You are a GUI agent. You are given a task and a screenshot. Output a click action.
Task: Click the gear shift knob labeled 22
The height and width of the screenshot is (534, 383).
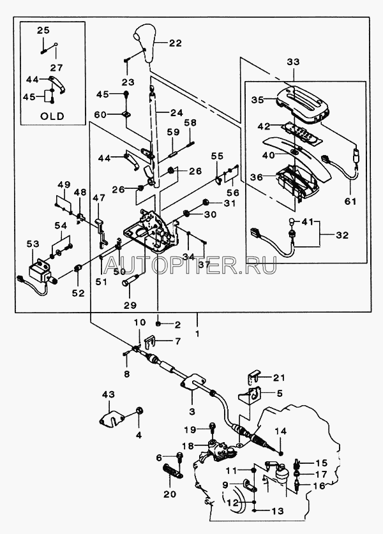pos(146,43)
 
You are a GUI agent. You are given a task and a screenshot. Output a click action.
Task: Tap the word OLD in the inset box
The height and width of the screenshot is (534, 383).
pos(52,116)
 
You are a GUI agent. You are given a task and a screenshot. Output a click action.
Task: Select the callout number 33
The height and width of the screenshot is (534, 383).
pos(293,62)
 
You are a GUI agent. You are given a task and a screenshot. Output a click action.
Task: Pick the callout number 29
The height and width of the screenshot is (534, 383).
pos(129,305)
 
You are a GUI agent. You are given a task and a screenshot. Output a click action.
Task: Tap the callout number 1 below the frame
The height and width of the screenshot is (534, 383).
pos(197,333)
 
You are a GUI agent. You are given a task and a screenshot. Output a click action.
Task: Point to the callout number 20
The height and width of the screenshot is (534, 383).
pos(169,494)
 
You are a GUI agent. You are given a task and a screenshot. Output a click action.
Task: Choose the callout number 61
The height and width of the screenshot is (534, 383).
pos(350,201)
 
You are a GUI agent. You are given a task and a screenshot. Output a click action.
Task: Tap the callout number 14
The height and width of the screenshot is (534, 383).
pos(281,431)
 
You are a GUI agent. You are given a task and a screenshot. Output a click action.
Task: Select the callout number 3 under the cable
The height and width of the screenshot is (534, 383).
pos(192,412)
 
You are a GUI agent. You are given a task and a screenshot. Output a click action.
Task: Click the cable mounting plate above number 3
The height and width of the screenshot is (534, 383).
pos(193,382)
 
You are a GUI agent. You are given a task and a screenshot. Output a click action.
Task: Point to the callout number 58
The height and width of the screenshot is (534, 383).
pos(191,122)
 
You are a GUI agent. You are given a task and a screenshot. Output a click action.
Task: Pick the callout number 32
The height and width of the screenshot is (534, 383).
pos(342,235)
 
